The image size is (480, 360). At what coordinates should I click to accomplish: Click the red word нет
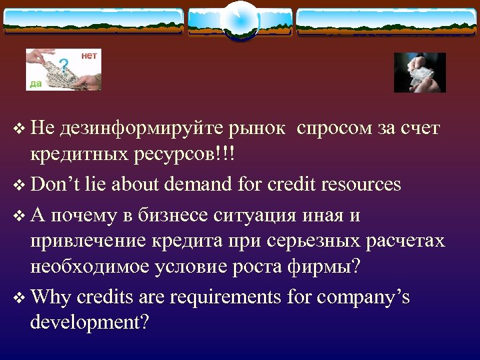click(89, 56)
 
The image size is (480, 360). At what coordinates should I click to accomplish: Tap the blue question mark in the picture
click(63, 65)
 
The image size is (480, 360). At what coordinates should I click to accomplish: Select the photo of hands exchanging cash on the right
click(419, 72)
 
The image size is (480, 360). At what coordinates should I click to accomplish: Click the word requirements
click(225, 297)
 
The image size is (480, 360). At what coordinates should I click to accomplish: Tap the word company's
click(363, 297)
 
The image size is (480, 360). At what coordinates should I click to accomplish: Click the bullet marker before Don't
click(17, 185)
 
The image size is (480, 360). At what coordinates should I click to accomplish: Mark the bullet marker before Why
click(17, 297)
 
